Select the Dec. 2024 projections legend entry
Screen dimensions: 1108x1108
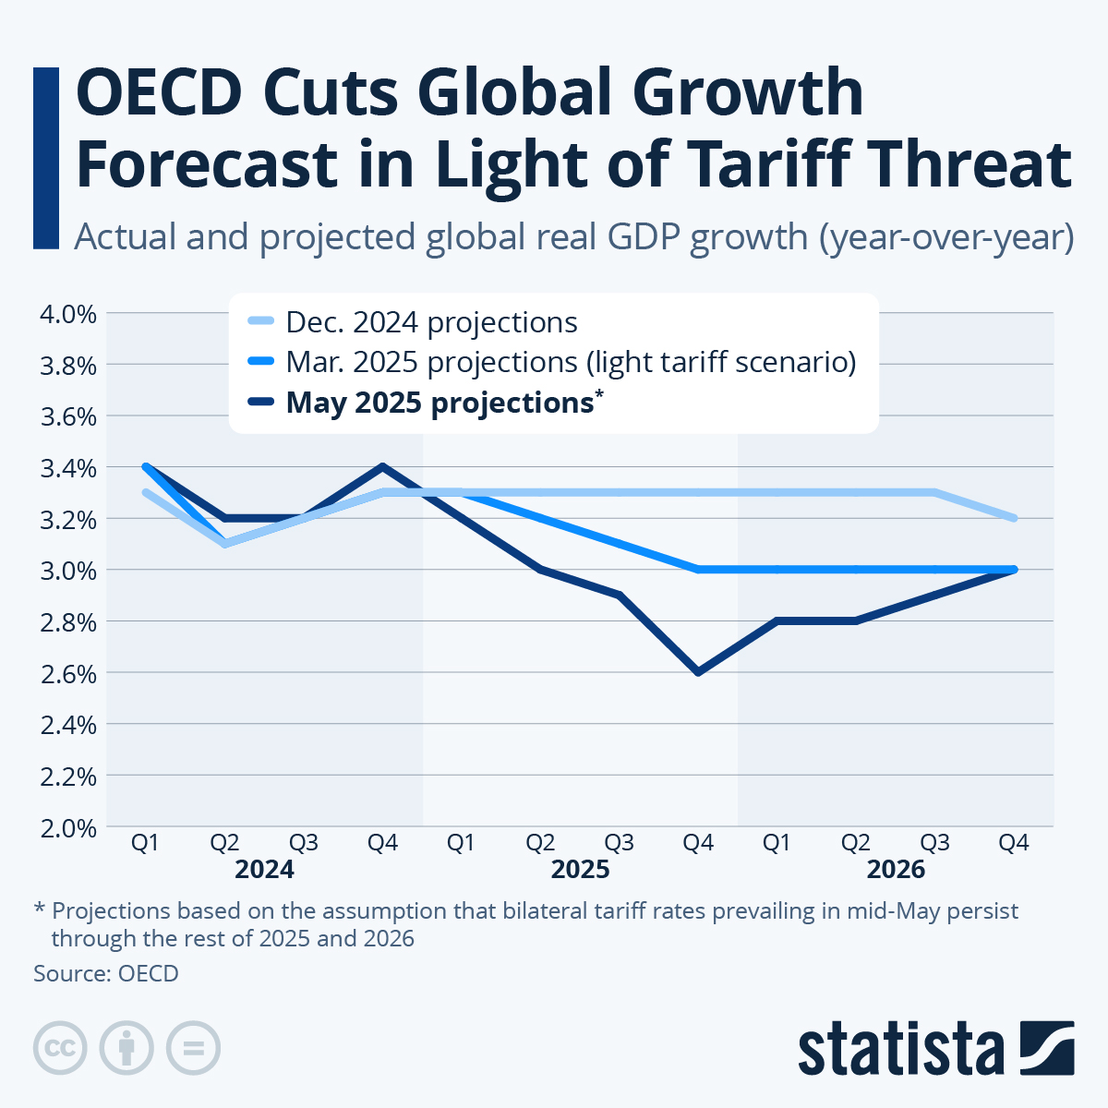431,322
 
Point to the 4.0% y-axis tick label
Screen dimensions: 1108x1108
68,314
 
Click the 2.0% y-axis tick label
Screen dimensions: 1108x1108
68,828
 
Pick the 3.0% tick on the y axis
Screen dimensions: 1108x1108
68,571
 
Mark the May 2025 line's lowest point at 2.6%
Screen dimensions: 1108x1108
698,672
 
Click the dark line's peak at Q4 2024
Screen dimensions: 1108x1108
382,466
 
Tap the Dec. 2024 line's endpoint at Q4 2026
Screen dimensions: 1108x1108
1014,518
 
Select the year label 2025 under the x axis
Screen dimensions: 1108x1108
580,870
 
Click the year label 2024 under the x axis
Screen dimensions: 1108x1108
264,870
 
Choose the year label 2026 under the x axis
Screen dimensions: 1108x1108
896,870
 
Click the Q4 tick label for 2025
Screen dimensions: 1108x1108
698,843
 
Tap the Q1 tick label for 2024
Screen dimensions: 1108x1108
145,843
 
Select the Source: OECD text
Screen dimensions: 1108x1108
106,973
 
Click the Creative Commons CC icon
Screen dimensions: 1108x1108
60,1048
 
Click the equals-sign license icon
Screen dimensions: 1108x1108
193,1048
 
